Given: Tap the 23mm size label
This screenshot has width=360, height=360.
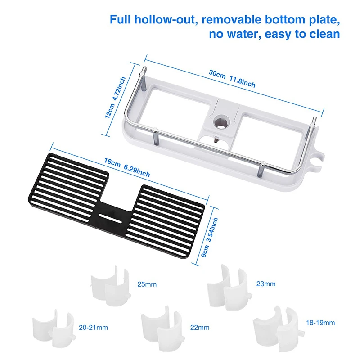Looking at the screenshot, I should click(x=265, y=283).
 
